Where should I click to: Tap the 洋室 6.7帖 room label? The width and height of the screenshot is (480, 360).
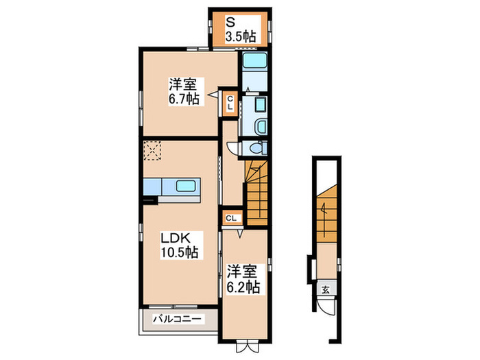pos(184,92)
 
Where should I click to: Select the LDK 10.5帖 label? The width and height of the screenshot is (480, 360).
pos(179,245)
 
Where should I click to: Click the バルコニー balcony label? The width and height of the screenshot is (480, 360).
pos(177,319)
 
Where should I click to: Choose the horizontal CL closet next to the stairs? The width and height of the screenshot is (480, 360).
pos(231,218)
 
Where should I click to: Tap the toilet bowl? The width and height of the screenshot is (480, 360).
pos(256,148)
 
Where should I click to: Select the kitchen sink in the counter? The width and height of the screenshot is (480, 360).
pos(186,186)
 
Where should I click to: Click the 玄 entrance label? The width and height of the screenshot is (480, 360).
pos(325,289)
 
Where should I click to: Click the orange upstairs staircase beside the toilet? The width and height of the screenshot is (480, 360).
pos(256,192)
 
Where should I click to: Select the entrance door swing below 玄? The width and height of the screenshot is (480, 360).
pos(328,307)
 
